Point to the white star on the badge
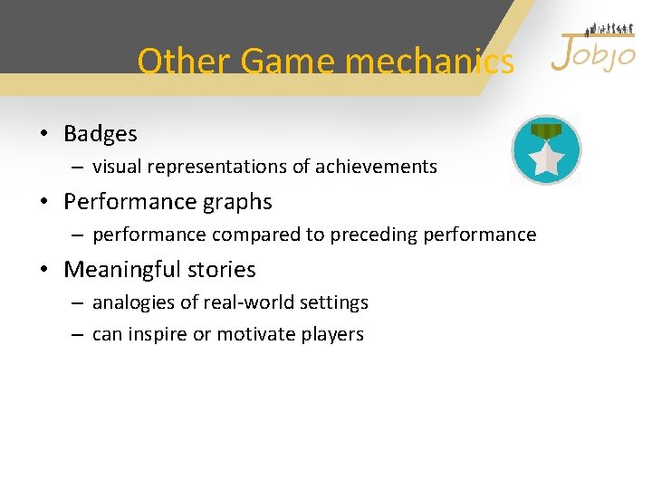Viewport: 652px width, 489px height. [547, 160]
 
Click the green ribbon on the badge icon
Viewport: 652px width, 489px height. [546, 132]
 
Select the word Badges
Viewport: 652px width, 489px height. [101, 134]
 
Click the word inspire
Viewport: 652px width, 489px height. [157, 334]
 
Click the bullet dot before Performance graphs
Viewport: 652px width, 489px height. [43, 202]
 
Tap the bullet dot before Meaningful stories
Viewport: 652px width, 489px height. [43, 270]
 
